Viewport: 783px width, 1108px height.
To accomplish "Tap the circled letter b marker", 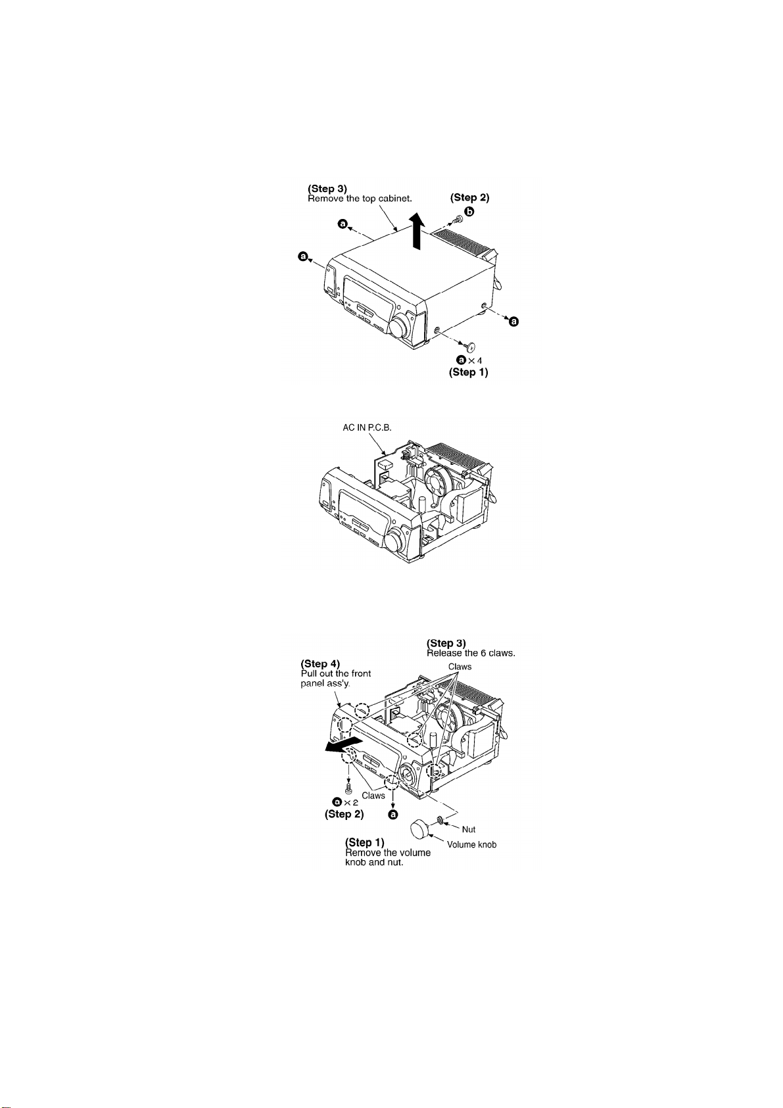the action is (x=469, y=211).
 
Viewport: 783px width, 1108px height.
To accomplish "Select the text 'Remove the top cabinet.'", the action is (x=360, y=199).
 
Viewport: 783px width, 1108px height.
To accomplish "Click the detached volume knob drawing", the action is (x=421, y=829).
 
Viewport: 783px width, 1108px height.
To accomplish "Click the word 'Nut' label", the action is (x=468, y=829).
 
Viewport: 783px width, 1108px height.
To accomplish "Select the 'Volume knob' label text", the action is (x=471, y=844).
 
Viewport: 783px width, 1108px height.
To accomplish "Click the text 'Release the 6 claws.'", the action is (x=471, y=653).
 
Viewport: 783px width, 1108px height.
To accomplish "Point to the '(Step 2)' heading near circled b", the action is (x=469, y=197).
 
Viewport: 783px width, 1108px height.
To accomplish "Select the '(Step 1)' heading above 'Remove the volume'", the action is (x=365, y=842).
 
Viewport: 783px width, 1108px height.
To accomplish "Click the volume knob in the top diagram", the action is (x=399, y=325).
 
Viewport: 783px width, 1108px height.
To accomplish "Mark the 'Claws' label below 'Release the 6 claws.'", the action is (x=460, y=666).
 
